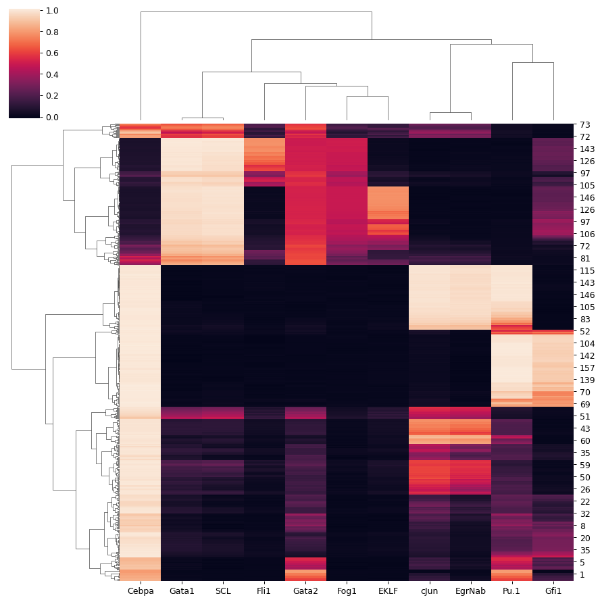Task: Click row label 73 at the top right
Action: click(x=585, y=125)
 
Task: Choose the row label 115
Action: click(x=587, y=270)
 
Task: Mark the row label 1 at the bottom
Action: click(x=582, y=574)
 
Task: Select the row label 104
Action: click(x=587, y=343)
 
